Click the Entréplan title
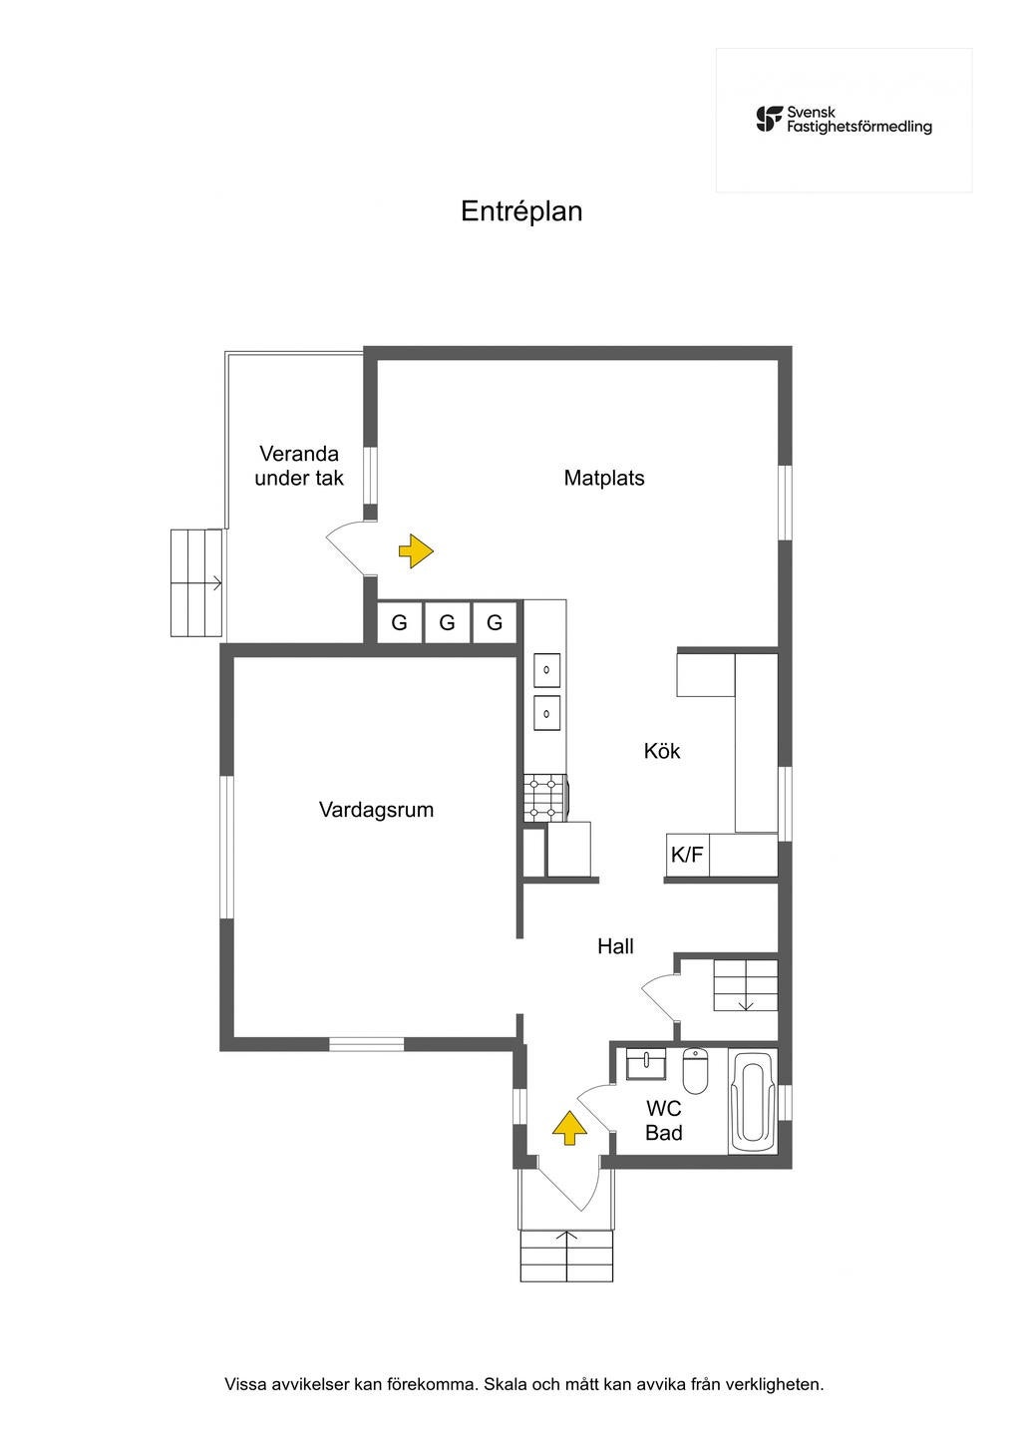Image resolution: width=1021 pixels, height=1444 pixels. (521, 211)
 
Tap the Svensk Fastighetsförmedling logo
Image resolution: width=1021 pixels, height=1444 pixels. (844, 120)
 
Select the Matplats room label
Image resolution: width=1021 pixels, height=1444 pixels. (604, 478)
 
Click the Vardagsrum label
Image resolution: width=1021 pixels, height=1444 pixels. (376, 809)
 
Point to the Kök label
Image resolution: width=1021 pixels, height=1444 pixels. (662, 751)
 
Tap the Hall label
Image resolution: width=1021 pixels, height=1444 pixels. (615, 946)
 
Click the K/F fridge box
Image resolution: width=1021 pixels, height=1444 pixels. (687, 855)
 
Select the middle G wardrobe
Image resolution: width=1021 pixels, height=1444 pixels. (447, 623)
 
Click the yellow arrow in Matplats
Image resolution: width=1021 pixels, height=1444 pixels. (416, 550)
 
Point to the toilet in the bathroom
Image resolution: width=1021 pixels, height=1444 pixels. (695, 1071)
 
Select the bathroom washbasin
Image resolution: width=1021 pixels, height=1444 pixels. (646, 1064)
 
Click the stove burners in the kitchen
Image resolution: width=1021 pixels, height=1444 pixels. (544, 799)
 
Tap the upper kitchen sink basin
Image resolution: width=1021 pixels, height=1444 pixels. (546, 670)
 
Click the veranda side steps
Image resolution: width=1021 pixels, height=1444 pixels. (196, 582)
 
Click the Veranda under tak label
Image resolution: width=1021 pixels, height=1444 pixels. (299, 466)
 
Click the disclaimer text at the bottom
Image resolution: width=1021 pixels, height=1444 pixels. (524, 1384)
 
